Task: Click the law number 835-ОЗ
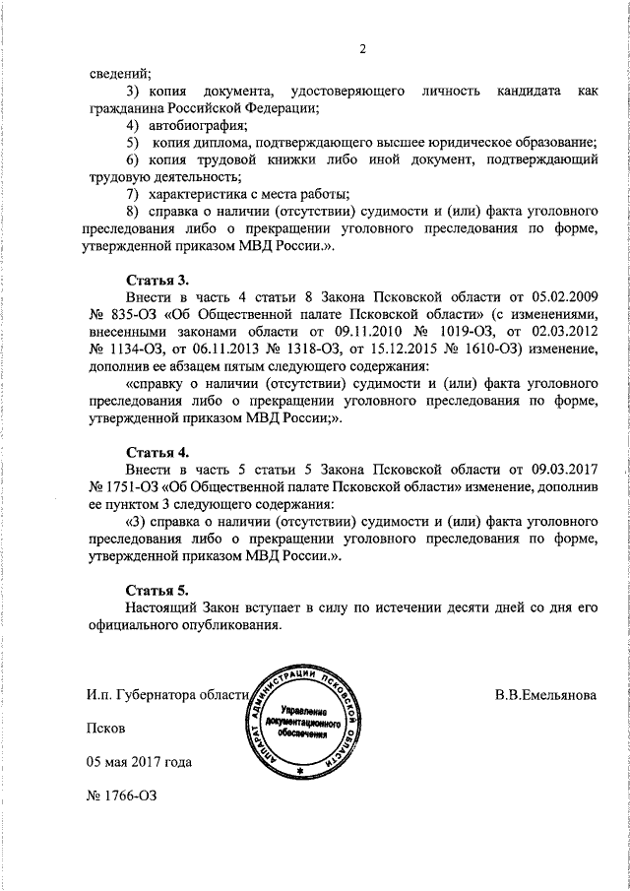point(123,313)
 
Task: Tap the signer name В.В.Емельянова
point(545,693)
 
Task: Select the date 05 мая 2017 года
point(138,762)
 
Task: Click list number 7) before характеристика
point(132,195)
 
